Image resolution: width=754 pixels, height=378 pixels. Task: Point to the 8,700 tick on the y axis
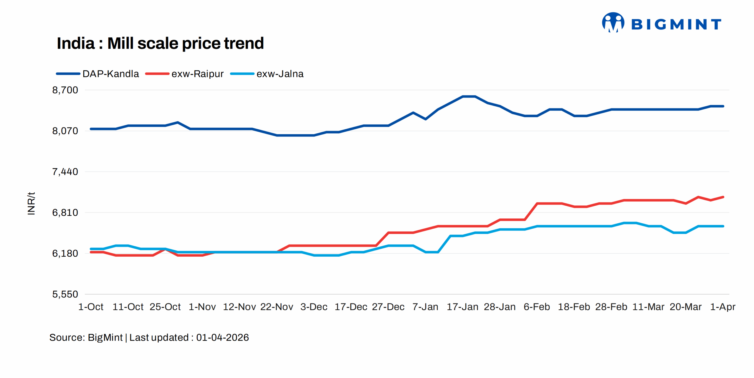pyautogui.click(x=65, y=90)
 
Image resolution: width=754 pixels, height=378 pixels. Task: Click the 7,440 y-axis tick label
pyautogui.click(x=65, y=172)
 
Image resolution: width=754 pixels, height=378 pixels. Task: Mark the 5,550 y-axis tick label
pyautogui.click(x=65, y=294)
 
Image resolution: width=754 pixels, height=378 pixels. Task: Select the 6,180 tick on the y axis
pyautogui.click(x=65, y=253)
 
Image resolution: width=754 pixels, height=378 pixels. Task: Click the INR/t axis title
pyautogui.click(x=31, y=203)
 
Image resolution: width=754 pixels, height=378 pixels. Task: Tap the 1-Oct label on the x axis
pyautogui.click(x=91, y=307)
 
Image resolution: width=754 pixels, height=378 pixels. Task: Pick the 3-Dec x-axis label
pyautogui.click(x=314, y=307)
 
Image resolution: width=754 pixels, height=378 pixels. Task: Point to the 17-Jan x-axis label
pyautogui.click(x=462, y=307)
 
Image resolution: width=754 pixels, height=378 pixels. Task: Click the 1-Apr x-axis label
pyautogui.click(x=722, y=307)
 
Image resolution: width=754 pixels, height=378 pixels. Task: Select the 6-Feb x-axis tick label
pyautogui.click(x=537, y=307)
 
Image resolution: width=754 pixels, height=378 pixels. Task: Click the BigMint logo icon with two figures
pyautogui.click(x=613, y=22)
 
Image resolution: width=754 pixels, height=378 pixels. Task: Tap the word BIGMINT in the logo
pyautogui.click(x=676, y=24)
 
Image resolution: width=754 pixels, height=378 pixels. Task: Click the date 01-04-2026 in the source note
pyautogui.click(x=222, y=338)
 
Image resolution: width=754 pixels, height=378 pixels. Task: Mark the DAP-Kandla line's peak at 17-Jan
pyautogui.click(x=468, y=96)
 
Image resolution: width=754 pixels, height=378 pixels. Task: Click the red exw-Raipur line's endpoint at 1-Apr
pyautogui.click(x=723, y=197)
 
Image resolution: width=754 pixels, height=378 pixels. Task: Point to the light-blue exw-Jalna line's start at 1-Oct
pyautogui.click(x=91, y=249)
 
